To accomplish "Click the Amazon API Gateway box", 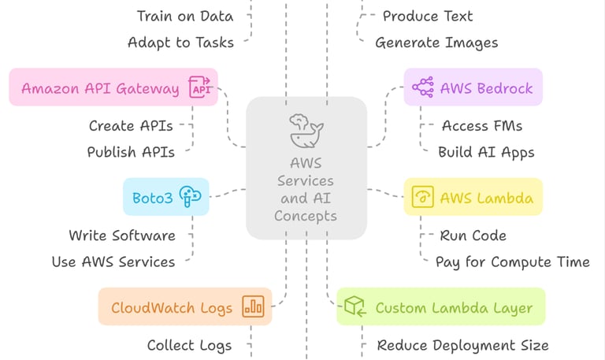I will [x=113, y=87].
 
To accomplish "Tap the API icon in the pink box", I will [x=201, y=87].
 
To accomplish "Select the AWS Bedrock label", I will [x=486, y=87].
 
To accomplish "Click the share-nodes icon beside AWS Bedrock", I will [x=423, y=87].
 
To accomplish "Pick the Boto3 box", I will [x=165, y=197].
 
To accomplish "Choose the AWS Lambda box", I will [x=473, y=197].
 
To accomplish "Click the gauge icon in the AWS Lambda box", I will [x=423, y=197].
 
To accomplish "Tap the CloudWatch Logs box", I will [x=184, y=306].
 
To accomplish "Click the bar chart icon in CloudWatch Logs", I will [x=253, y=306].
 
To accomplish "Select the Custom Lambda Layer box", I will [x=440, y=307].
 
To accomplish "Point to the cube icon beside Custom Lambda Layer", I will [x=355, y=307].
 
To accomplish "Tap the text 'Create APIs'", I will [x=131, y=125].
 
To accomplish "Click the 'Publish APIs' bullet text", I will [x=131, y=152].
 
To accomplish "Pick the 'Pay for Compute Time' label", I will [x=512, y=262].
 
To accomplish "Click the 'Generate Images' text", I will [x=436, y=43].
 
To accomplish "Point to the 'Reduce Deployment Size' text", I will [x=462, y=345].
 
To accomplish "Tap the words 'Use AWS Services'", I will [x=113, y=262].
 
